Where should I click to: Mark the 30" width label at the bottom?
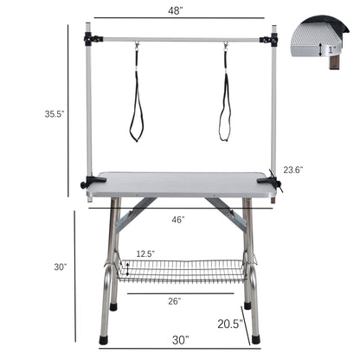tap(179, 340)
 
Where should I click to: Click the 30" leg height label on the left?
tap(60, 267)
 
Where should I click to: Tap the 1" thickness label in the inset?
tap(331, 49)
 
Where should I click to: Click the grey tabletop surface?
tap(180, 183)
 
